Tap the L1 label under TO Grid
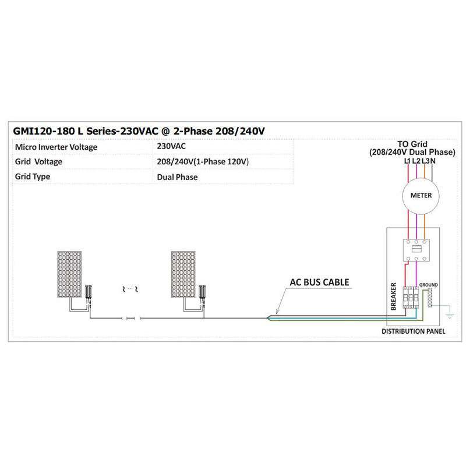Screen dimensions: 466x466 [407, 161]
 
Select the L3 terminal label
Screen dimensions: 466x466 [426, 161]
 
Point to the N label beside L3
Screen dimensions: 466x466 [433, 161]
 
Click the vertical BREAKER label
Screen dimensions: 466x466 [393, 296]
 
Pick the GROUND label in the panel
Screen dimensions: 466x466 [428, 285]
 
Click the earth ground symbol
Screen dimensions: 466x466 [449, 316]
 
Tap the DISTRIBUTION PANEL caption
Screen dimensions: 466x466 [413, 331]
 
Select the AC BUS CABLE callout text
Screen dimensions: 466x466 [319, 282]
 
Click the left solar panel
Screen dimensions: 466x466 [69, 274]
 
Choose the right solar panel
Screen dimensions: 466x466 [183, 274]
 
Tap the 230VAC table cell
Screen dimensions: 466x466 [171, 146]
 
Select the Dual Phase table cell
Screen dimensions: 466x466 [177, 177]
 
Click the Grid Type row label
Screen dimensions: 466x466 [33, 176]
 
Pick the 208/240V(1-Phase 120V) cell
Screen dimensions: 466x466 [203, 162]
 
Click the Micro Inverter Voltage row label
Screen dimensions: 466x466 [56, 147]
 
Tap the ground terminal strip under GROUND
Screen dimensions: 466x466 [430, 298]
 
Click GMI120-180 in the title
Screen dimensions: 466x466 [44, 131]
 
